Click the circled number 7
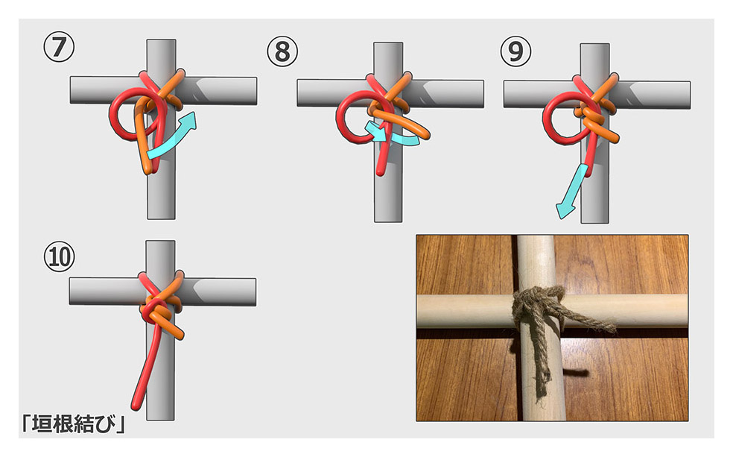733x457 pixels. coord(59,47)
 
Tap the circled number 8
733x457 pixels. coord(282,51)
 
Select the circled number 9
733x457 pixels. coord(515,51)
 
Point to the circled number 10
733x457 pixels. coord(60,256)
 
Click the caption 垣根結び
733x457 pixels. coord(74,424)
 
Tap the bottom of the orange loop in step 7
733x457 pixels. coord(147,169)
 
